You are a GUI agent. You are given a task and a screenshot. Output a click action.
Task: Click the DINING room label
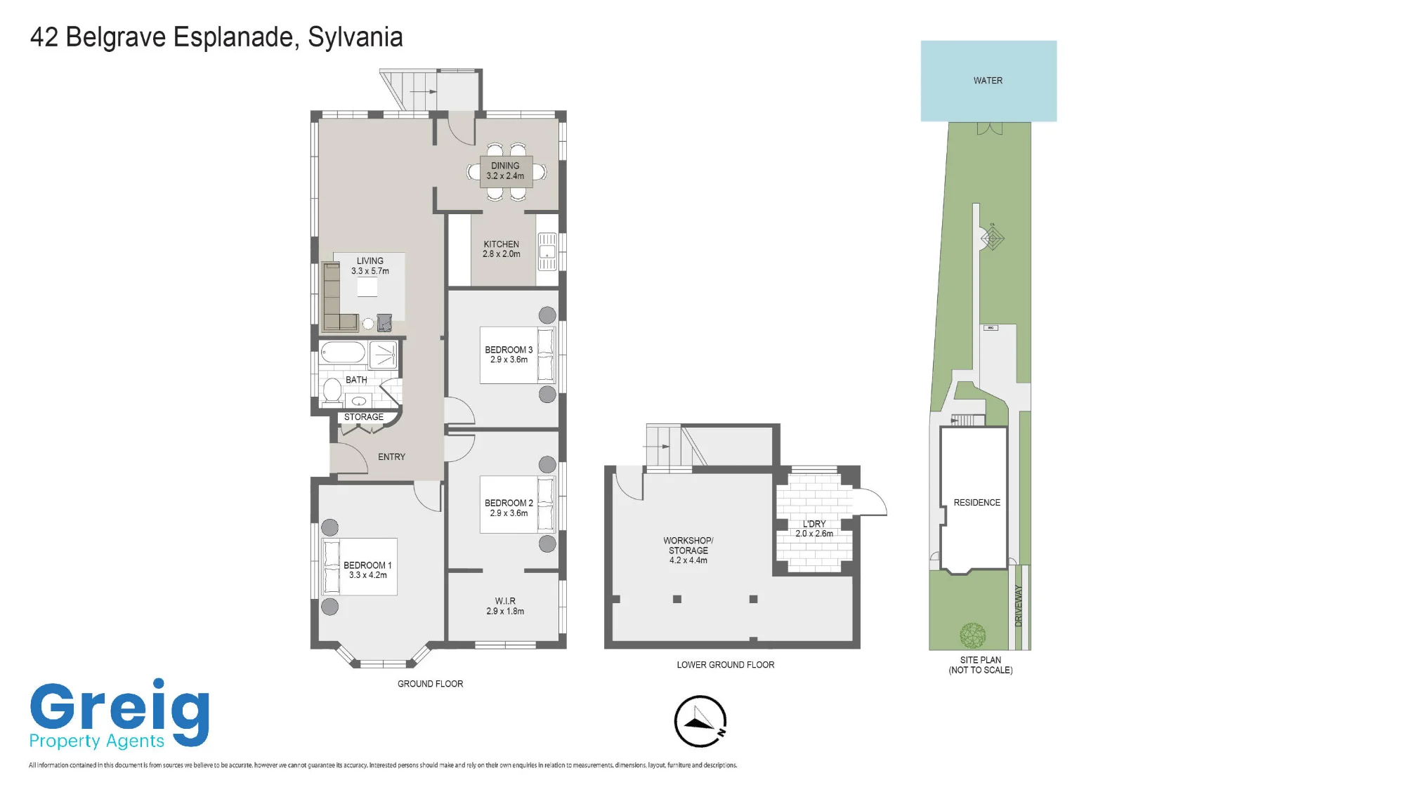coord(505,166)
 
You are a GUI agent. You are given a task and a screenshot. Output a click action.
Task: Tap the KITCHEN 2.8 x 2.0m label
coord(502,249)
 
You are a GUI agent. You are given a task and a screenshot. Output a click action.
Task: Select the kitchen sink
coord(547,251)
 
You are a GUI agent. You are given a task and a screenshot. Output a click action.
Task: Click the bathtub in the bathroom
coord(343,352)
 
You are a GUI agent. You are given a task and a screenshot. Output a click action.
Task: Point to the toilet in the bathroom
coord(332,391)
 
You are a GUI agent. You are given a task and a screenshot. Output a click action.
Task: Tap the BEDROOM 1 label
coord(367,565)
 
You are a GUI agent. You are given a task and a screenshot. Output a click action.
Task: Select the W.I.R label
coord(505,601)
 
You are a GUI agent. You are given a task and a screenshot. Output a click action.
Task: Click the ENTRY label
coord(391,457)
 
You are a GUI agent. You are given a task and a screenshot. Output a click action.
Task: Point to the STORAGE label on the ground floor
coord(364,417)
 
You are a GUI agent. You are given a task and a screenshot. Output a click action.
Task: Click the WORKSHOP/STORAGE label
coord(688,546)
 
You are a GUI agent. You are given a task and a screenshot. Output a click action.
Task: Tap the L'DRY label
coord(814,524)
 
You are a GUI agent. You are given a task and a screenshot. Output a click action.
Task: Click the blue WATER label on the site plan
coord(988,81)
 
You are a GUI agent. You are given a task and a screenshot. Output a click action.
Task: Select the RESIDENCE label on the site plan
coord(976,503)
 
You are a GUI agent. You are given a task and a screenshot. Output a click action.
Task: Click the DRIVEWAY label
coord(1019,606)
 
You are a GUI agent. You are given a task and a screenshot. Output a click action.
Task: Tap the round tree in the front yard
coord(973,635)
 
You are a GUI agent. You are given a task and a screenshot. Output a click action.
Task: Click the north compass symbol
coord(700,721)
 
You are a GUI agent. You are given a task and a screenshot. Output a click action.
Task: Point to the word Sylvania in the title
coord(355,37)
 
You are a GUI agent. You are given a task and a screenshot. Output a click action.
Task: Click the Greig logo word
coord(119,709)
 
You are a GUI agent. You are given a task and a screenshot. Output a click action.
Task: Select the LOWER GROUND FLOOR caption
coord(726,665)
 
